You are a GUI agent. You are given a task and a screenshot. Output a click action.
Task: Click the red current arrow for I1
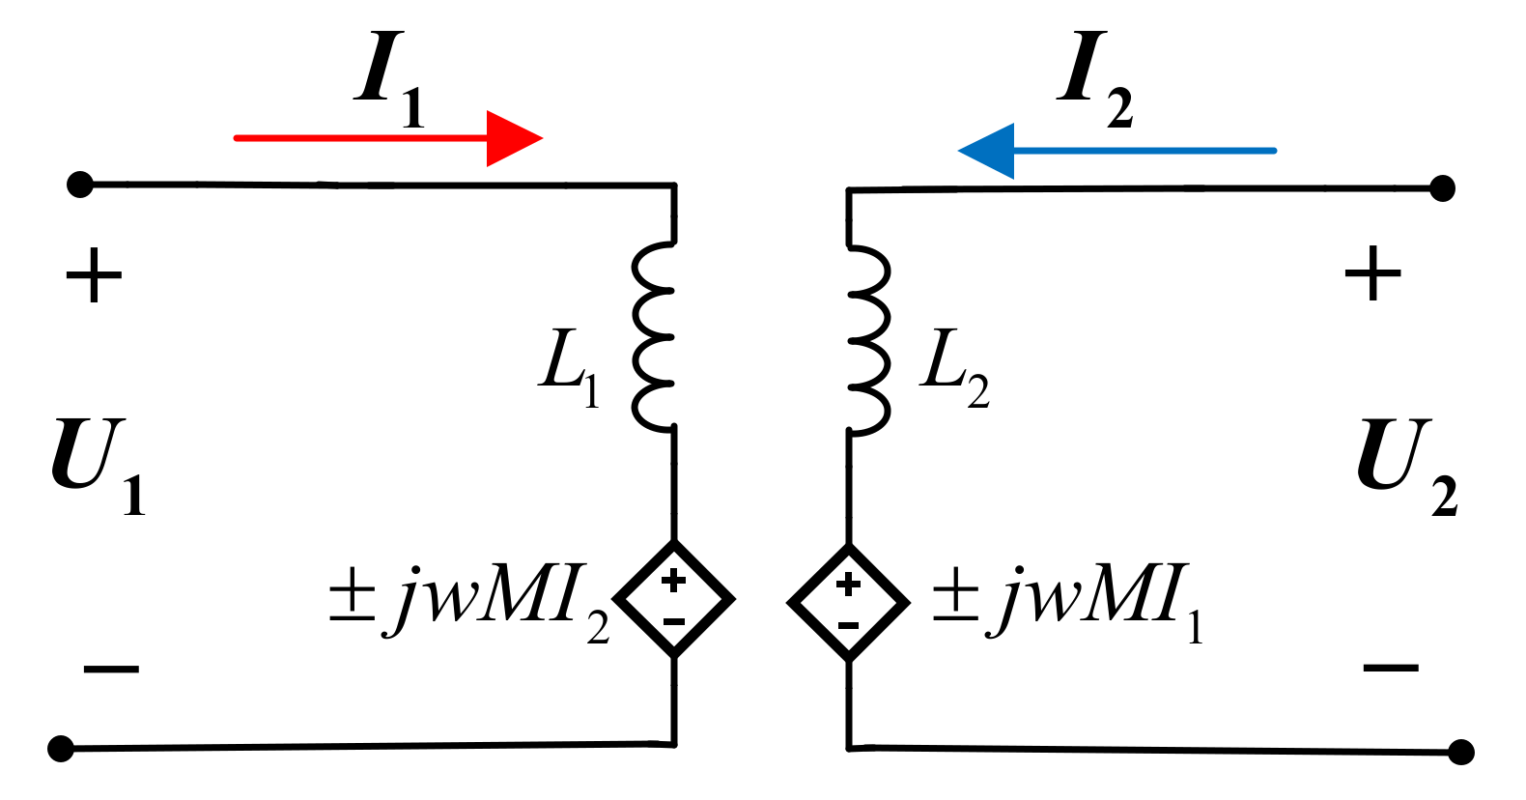[386, 138]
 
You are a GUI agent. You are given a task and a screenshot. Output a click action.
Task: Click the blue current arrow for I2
[1116, 151]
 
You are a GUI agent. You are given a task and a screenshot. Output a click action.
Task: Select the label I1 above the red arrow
[389, 79]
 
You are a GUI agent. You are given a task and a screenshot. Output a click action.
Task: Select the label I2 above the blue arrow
[1095, 79]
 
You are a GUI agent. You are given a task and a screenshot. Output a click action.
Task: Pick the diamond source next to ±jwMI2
[674, 599]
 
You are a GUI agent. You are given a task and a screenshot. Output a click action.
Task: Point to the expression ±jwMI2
[468, 601]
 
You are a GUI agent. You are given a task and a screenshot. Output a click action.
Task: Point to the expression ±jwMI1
[1067, 601]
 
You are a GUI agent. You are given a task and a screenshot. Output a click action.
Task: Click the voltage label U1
[97, 464]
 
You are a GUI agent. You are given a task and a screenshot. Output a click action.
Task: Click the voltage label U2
[1405, 464]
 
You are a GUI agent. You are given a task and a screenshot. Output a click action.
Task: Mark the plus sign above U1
[94, 275]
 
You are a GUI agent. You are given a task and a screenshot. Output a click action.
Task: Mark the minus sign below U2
[1391, 668]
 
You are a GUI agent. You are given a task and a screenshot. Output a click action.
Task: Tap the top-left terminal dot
[79, 184]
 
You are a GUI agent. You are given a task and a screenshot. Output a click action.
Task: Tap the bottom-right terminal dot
[1461, 752]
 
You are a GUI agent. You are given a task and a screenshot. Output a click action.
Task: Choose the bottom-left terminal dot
[61, 749]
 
